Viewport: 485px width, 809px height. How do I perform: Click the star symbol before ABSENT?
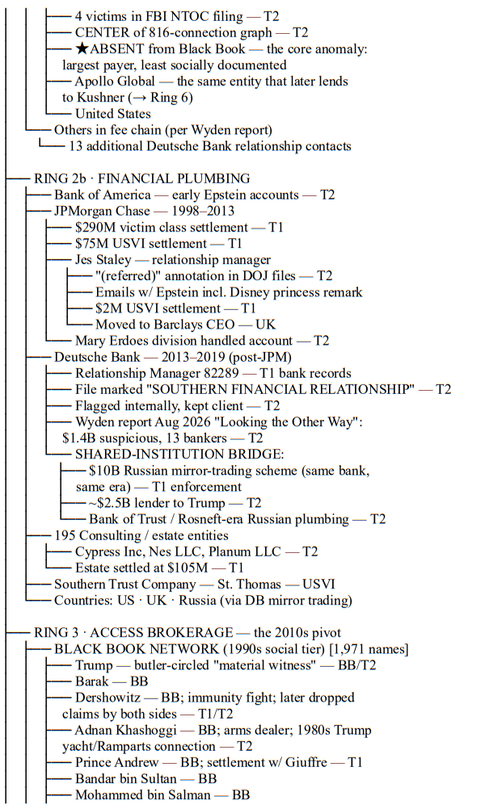82,49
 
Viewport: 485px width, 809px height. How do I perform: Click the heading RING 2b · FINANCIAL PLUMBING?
142,178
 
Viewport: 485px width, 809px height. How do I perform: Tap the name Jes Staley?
103,259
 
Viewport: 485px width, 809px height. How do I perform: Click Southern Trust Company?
125,584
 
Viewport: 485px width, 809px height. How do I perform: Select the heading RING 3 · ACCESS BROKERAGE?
133,632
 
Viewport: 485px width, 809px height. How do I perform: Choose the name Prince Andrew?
116,762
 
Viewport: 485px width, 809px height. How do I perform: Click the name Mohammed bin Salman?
143,794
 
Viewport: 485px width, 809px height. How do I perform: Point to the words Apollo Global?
115,82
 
